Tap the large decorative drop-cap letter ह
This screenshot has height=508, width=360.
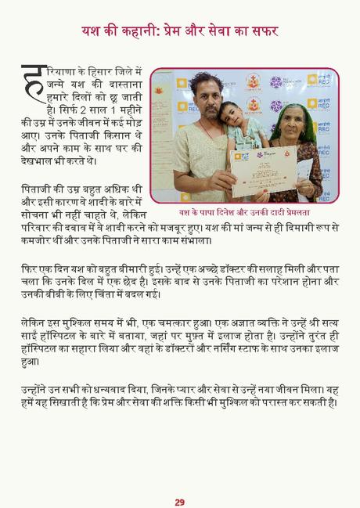click(33, 81)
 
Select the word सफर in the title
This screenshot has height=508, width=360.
click(262, 31)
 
